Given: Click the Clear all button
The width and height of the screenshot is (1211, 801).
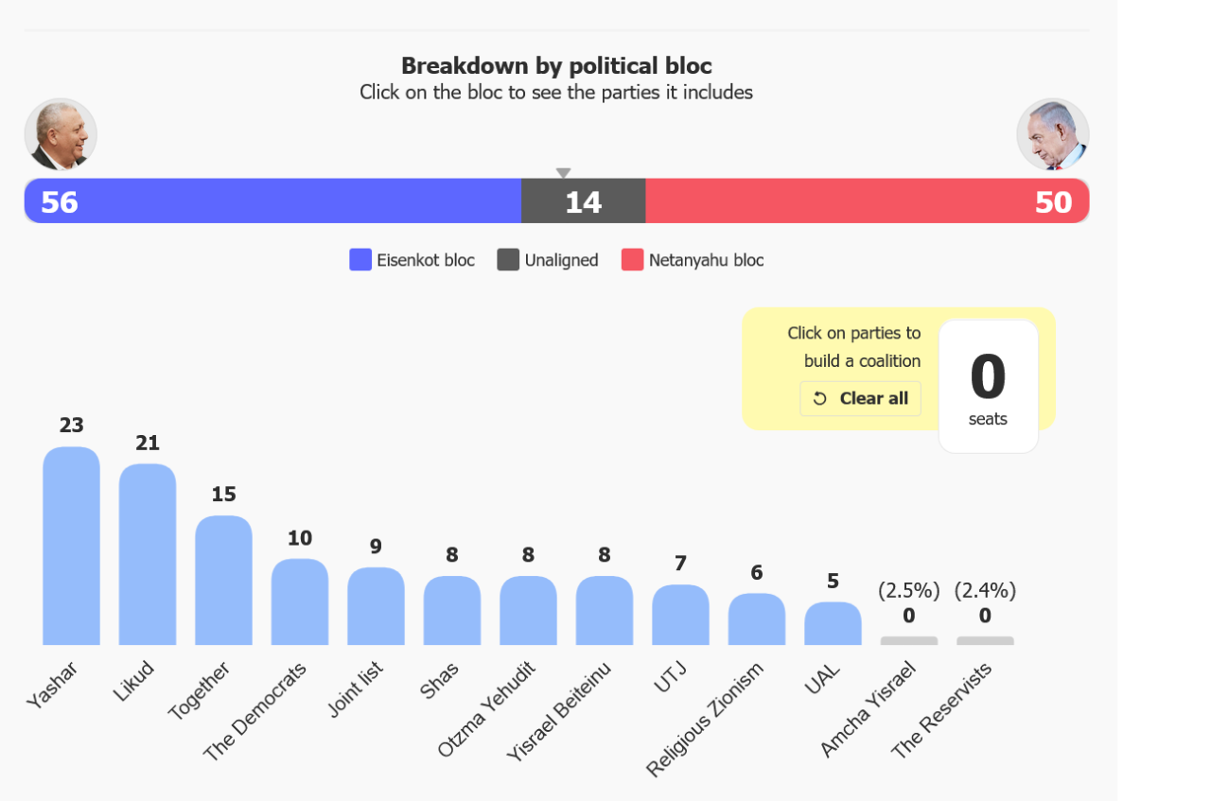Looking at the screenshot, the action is (860, 398).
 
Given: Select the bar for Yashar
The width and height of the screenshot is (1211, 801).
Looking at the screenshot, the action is (71, 546).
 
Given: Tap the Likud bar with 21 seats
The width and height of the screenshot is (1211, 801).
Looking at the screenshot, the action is (148, 554).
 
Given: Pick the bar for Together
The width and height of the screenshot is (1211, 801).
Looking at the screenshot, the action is (224, 580).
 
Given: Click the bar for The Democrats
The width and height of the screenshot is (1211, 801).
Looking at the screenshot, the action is (300, 601).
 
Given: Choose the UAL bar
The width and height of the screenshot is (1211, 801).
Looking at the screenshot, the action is (834, 623).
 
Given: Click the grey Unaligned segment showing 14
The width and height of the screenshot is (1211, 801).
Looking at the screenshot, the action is (584, 201).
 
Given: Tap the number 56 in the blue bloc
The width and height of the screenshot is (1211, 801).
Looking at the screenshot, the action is (60, 202).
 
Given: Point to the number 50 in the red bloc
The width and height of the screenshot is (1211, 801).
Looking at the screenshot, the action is (1053, 202).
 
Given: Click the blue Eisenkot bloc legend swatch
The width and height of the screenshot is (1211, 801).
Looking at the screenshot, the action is (360, 259).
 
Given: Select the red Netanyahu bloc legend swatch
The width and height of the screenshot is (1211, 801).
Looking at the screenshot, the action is (633, 259).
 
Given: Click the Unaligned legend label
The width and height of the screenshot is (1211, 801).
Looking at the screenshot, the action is (561, 260).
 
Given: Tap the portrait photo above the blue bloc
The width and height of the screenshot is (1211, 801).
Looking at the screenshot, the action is (61, 134).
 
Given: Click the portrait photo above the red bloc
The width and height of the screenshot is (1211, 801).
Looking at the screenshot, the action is (1053, 134).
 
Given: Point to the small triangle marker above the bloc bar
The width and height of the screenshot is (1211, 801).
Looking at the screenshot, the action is (563, 172).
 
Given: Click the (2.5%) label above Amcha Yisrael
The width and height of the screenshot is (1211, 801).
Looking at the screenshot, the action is (909, 591).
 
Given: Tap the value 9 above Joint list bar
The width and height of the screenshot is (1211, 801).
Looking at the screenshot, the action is (376, 547).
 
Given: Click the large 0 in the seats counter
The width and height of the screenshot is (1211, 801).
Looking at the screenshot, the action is (988, 376).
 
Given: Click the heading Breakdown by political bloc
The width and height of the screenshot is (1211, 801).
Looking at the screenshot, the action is (556, 66).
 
